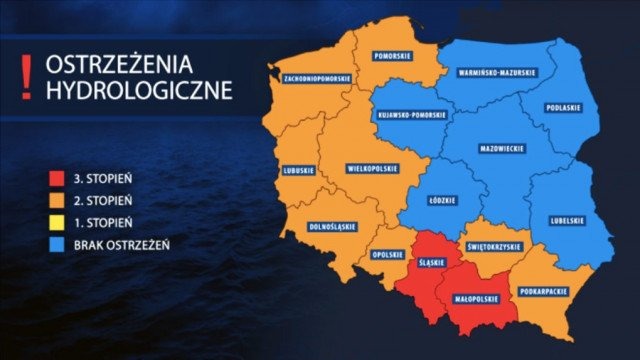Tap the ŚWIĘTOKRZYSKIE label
(494, 246)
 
